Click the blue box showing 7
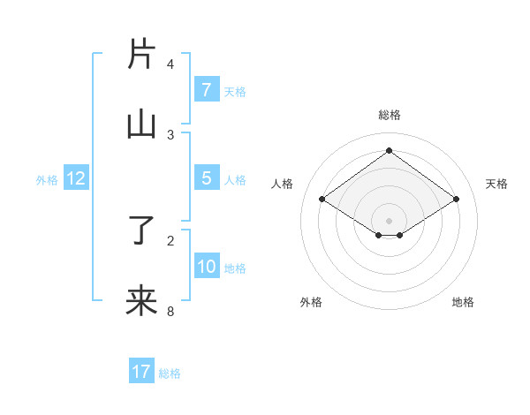pos(206,89)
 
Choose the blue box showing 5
pos(206,178)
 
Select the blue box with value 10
pos(206,267)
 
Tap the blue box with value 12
pos(75,178)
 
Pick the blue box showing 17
pos(141,372)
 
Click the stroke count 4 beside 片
pos(170,64)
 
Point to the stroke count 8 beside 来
pos(170,311)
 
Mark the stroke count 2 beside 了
pos(170,240)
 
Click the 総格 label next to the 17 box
pos(170,373)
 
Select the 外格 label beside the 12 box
pos(47,180)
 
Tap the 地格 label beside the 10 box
pos(235,268)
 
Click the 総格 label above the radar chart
pos(390,115)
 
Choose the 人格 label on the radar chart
pos(283,184)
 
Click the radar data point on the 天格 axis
pos(456,200)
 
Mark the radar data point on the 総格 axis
pos(389,151)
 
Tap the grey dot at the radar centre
pos(389,220)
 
